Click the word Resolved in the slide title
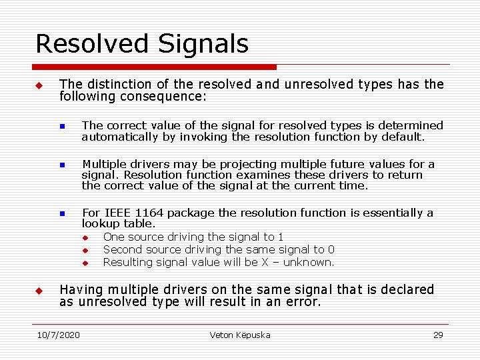[91, 44]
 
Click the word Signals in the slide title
[203, 44]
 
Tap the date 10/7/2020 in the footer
[58, 335]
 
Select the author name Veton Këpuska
[240, 335]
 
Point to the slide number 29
[438, 335]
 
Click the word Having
[81, 289]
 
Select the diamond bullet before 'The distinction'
[39, 85]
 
